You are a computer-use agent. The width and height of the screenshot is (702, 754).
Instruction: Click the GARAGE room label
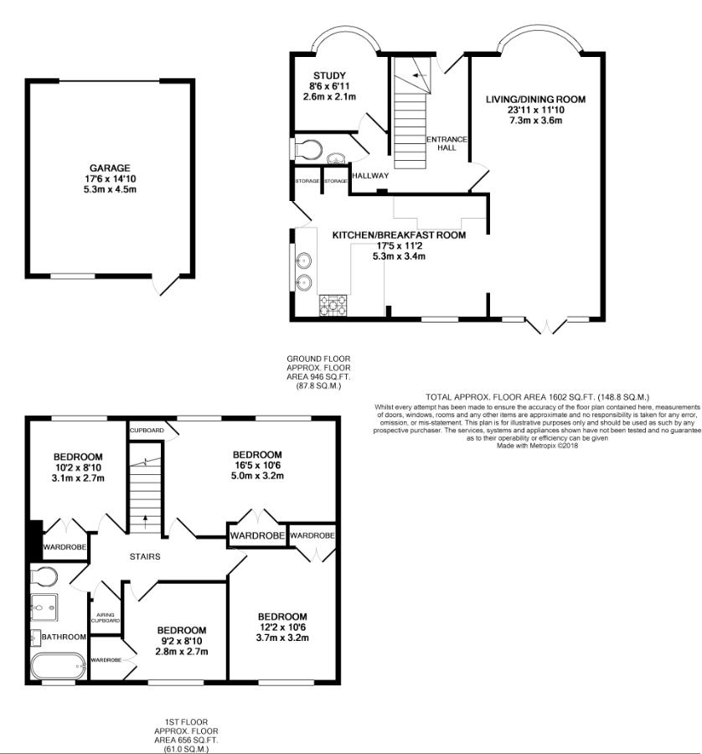110,168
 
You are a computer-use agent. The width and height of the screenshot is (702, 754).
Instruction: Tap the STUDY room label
329,75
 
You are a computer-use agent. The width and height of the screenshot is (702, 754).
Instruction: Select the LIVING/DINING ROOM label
535,100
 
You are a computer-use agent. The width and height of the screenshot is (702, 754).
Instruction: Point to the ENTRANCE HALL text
446,143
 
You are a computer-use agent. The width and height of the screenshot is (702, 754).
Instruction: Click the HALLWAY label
370,176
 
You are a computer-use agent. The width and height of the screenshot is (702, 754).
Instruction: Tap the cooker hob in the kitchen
333,304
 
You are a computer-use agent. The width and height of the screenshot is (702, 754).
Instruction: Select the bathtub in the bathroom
58,665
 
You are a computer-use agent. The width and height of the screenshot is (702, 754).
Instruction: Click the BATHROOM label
64,637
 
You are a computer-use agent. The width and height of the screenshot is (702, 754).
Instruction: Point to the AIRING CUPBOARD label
106,617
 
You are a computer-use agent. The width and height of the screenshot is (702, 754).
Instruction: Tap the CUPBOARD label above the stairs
147,431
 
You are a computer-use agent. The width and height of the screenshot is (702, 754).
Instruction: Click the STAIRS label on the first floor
145,556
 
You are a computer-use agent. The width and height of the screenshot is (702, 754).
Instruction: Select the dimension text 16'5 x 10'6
257,465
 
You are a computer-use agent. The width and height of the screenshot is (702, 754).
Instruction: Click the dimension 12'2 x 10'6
282,627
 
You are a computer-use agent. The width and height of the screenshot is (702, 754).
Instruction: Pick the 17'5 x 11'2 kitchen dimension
399,245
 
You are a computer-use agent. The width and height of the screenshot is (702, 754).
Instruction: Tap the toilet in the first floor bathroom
44,576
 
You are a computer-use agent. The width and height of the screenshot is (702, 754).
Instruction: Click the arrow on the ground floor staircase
420,75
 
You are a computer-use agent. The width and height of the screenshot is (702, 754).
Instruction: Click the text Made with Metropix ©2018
538,446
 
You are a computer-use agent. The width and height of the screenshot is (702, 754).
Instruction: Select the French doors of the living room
547,326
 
